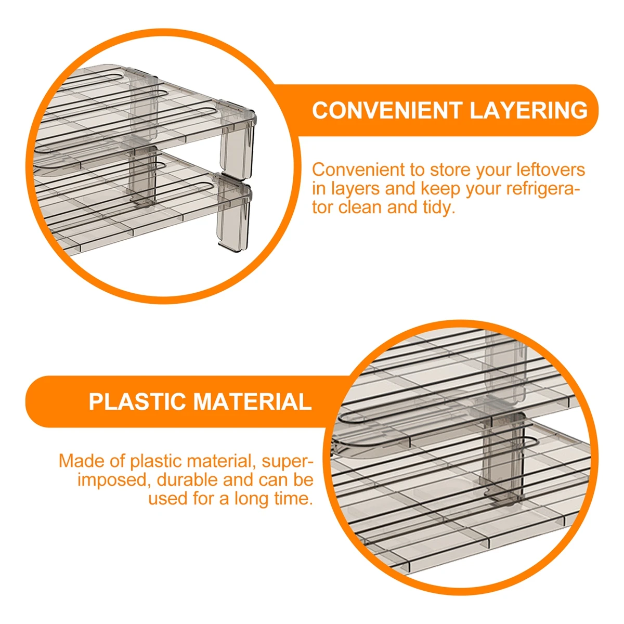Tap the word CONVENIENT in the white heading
pyautogui.click(x=387, y=110)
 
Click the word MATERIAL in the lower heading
pyautogui.click(x=252, y=402)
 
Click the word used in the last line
pyautogui.click(x=167, y=498)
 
